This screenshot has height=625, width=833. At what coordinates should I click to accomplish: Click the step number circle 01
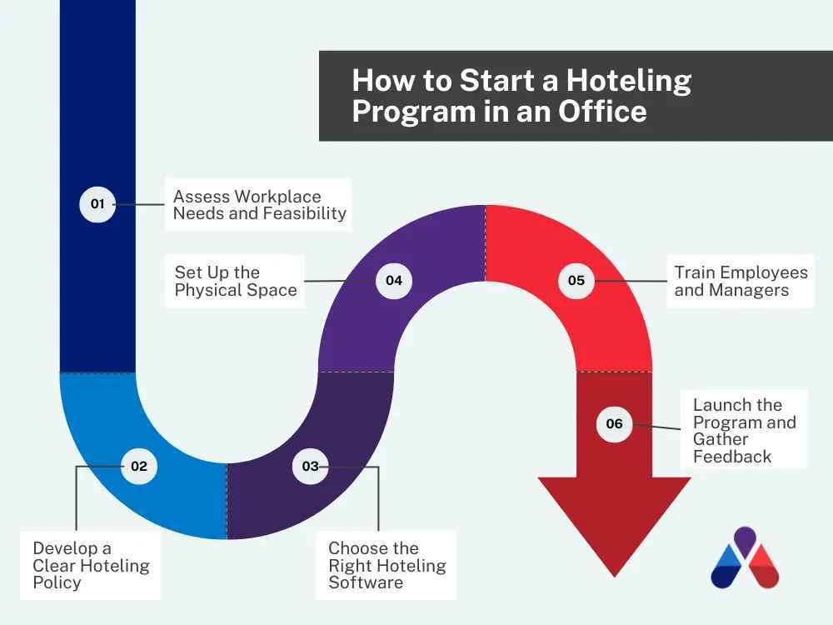click(x=97, y=204)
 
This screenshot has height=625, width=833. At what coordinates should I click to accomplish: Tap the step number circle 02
click(x=139, y=466)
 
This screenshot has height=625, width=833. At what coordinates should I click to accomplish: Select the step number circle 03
click(x=310, y=466)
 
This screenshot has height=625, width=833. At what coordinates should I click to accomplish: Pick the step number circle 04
click(x=394, y=281)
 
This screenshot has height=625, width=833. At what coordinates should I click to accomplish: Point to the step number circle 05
click(x=576, y=281)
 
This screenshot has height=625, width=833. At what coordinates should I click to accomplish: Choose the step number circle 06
click(x=614, y=423)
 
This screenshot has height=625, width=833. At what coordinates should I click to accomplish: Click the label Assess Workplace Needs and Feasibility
click(x=259, y=205)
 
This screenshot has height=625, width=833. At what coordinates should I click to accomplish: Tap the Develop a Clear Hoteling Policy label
click(x=91, y=565)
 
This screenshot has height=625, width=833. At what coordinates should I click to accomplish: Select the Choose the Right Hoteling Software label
click(x=387, y=565)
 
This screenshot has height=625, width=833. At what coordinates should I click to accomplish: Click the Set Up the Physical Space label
click(x=236, y=282)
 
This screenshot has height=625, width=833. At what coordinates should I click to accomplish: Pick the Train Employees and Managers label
click(x=741, y=282)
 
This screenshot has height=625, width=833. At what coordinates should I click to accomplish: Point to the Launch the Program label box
click(x=744, y=430)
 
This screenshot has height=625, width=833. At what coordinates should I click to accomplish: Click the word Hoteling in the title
click(x=629, y=81)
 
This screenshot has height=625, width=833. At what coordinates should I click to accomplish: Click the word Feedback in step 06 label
click(x=732, y=457)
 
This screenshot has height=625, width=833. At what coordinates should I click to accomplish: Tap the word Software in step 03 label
click(x=366, y=582)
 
